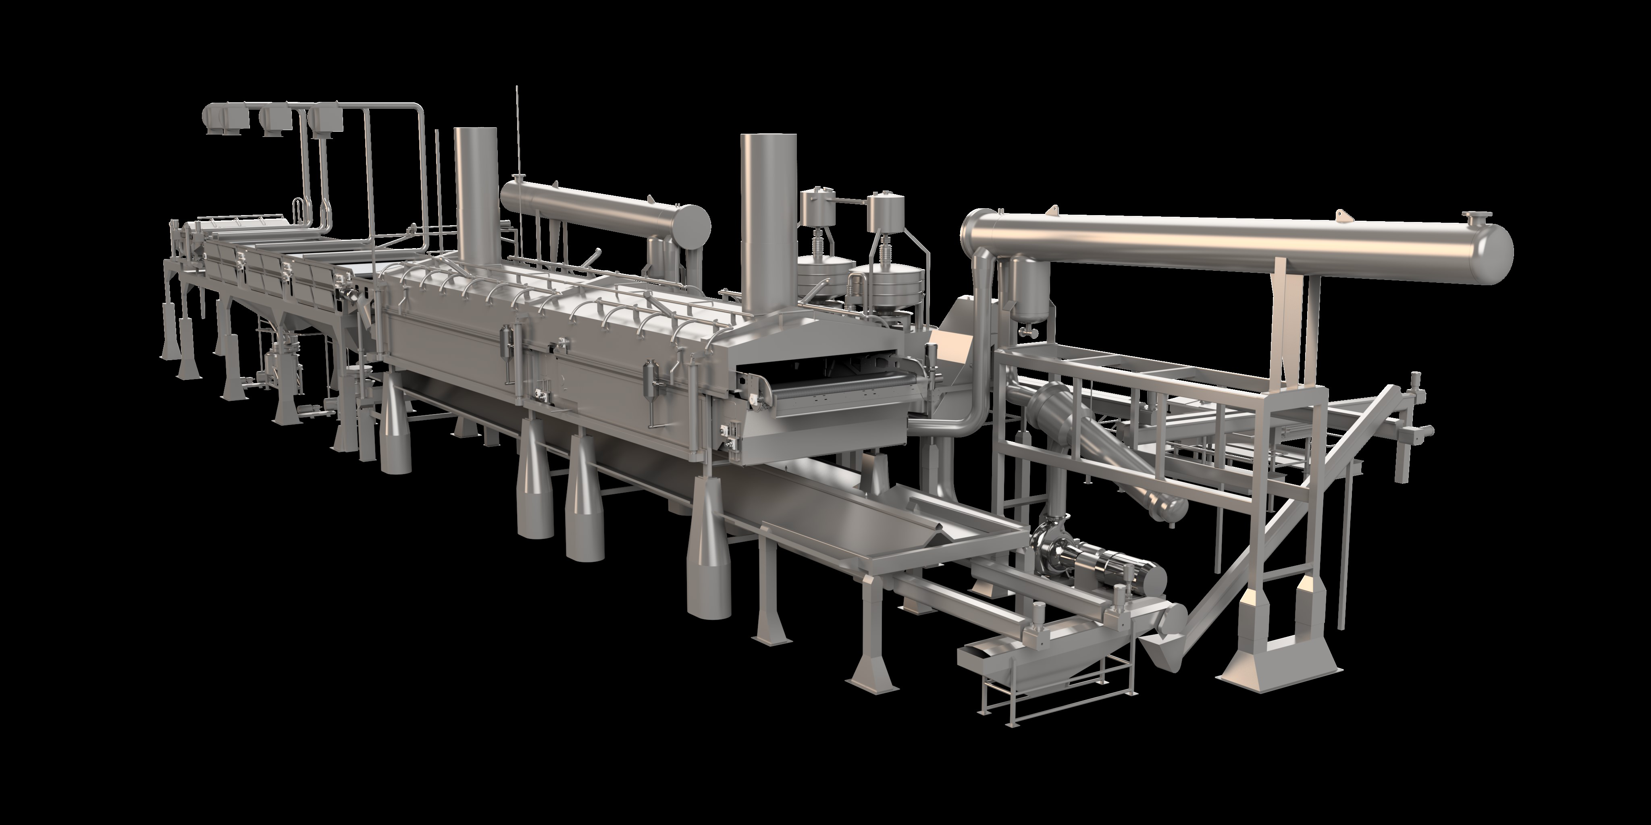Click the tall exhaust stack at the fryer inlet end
[476, 192]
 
